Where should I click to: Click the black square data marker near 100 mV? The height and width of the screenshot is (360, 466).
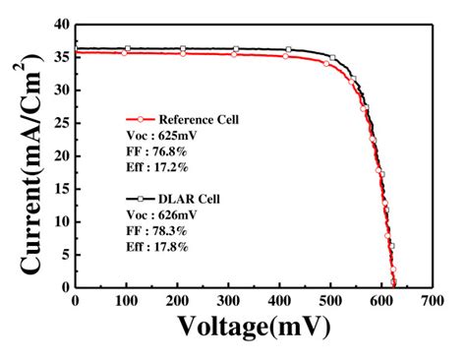[127, 47]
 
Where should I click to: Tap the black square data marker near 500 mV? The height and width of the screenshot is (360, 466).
[332, 57]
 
